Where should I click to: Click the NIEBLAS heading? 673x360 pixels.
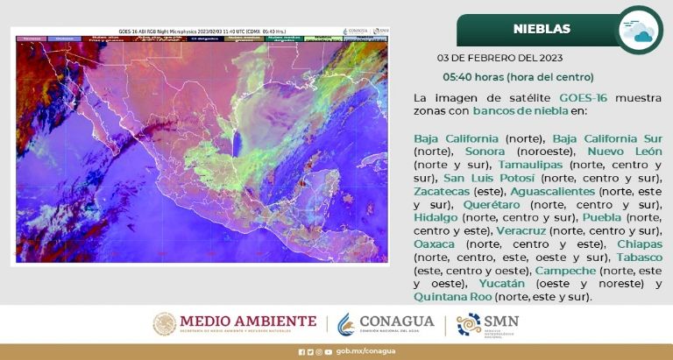tap(541, 29)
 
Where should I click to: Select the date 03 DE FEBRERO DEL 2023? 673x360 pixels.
tap(499, 59)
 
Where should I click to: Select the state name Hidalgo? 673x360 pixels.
tap(436, 217)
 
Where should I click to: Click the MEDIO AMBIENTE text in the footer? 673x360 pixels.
tap(247, 321)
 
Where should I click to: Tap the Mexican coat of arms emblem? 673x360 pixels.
tap(164, 324)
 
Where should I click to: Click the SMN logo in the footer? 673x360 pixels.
tap(488, 324)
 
